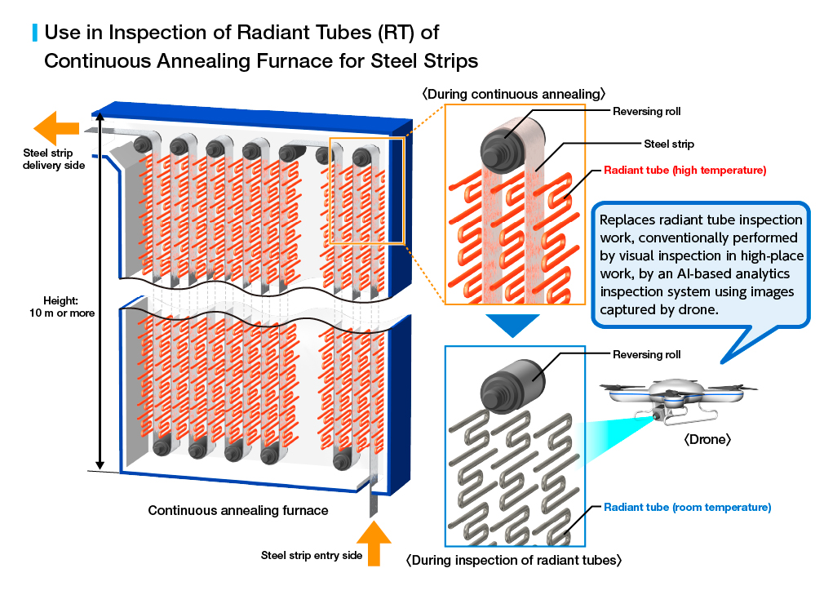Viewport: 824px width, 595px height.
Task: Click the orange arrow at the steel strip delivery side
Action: tap(55, 128)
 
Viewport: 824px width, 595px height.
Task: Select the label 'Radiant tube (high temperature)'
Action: tap(684, 171)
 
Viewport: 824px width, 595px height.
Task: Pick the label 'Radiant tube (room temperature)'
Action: tap(688, 507)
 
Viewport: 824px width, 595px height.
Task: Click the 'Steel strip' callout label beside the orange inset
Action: tap(669, 144)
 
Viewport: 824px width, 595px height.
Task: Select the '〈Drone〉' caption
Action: tap(707, 439)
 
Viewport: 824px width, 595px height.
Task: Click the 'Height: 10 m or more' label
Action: tap(61, 306)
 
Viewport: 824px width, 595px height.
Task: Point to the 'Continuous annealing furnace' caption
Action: tap(238, 510)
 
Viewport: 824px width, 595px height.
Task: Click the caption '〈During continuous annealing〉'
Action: tap(513, 94)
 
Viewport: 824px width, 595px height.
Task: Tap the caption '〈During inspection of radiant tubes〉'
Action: tap(514, 560)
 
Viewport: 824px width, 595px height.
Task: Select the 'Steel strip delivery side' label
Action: tap(54, 158)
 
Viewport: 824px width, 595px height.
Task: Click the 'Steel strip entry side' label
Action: tap(312, 556)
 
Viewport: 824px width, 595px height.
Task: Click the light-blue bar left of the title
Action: tap(35, 33)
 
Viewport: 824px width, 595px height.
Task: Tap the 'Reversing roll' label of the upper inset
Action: tap(646, 112)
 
